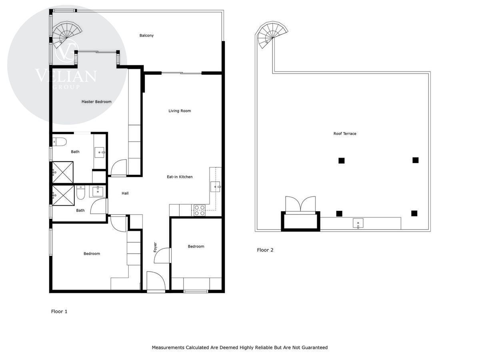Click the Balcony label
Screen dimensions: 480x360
[146, 36]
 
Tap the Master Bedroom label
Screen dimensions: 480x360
[96, 102]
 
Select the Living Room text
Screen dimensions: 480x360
[180, 111]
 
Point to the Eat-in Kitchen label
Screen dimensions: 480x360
[180, 177]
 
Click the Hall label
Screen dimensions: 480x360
[125, 193]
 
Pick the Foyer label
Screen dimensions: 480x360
[155, 247]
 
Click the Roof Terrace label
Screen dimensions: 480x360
[345, 134]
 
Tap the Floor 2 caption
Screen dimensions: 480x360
[265, 250]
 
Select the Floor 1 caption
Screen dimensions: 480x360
[59, 312]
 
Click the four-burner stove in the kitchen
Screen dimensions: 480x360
[200, 210]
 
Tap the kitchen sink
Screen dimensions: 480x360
[215, 187]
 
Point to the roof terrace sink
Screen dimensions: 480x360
[358, 223]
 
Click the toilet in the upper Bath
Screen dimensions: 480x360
[59, 142]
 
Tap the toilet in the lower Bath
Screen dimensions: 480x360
[80, 192]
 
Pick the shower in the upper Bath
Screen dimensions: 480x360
[63, 172]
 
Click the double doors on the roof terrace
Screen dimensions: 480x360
[300, 204]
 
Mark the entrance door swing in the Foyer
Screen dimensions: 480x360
[156, 281]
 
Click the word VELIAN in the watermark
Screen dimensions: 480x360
[66, 76]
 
